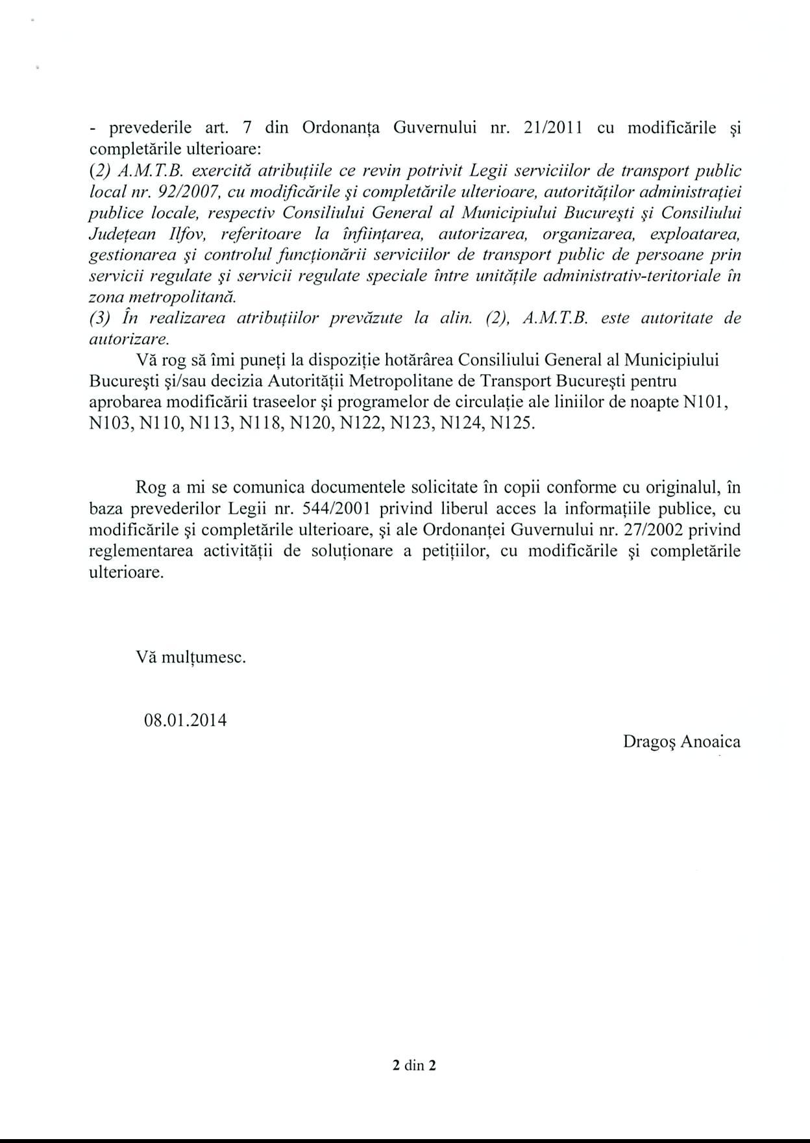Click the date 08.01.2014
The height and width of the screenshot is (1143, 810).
point(186,720)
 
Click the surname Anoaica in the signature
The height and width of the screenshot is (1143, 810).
point(710,742)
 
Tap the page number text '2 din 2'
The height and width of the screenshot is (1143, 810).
point(414,1065)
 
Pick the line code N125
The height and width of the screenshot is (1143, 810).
point(513,423)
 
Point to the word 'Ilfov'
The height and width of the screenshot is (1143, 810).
point(184,234)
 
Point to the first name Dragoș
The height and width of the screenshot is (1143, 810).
point(649,742)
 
